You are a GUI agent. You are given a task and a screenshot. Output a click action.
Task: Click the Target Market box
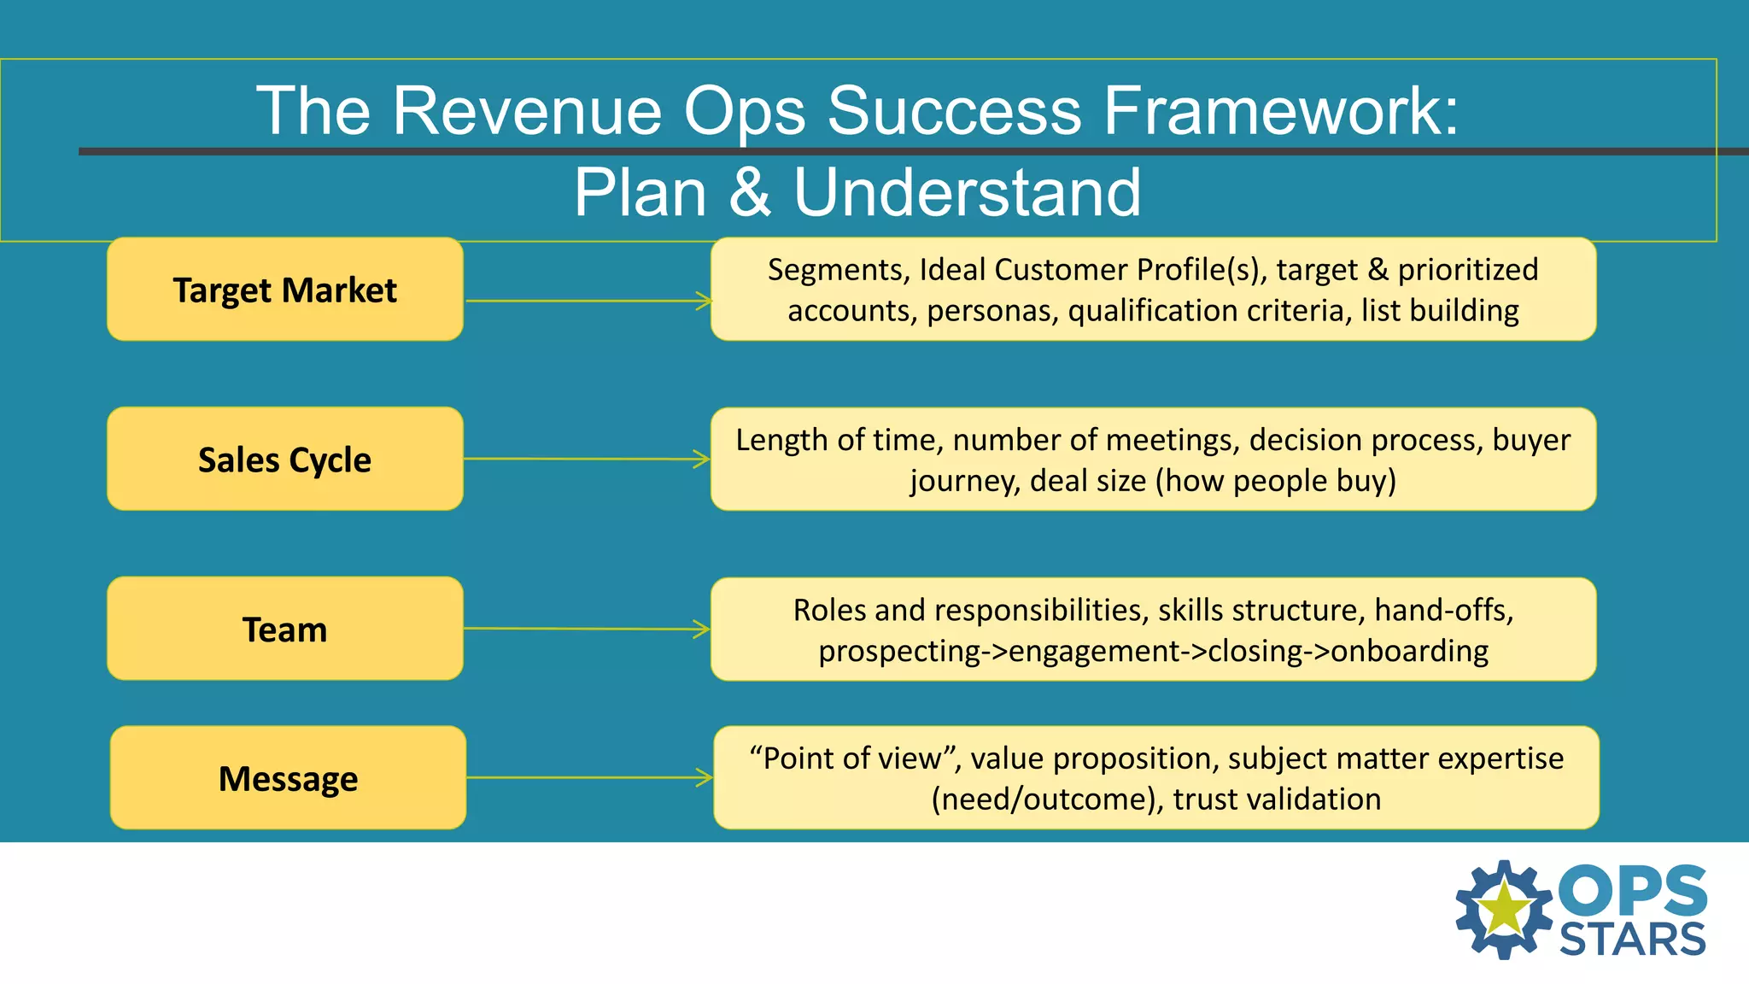pos(284,290)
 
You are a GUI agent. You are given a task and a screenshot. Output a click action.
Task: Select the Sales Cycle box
pos(284,460)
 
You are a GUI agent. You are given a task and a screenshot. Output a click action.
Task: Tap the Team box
pos(284,630)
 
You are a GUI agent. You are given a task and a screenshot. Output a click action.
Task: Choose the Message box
pos(288,778)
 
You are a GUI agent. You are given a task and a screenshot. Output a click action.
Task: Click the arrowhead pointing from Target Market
pos(704,301)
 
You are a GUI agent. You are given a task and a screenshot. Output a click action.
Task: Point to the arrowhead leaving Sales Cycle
pos(702,460)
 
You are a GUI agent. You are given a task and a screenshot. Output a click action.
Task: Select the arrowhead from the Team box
pos(702,630)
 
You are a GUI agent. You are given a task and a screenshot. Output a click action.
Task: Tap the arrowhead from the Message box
pos(705,777)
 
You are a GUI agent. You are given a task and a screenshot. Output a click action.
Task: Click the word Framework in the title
pos(1281,111)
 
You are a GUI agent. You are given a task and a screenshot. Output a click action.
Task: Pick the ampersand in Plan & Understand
pos(750,192)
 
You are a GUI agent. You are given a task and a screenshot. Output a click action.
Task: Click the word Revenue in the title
pos(526,111)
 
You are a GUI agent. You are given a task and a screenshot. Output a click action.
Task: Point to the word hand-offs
pos(1443,610)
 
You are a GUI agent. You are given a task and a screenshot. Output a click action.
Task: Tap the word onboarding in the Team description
pos(1409,651)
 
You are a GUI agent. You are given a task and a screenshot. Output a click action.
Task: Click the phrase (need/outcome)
pos(1047,799)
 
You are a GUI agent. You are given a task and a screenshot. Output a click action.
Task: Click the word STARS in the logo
pos(1632,940)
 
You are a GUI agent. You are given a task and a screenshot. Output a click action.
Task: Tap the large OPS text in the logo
pos(1632,890)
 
